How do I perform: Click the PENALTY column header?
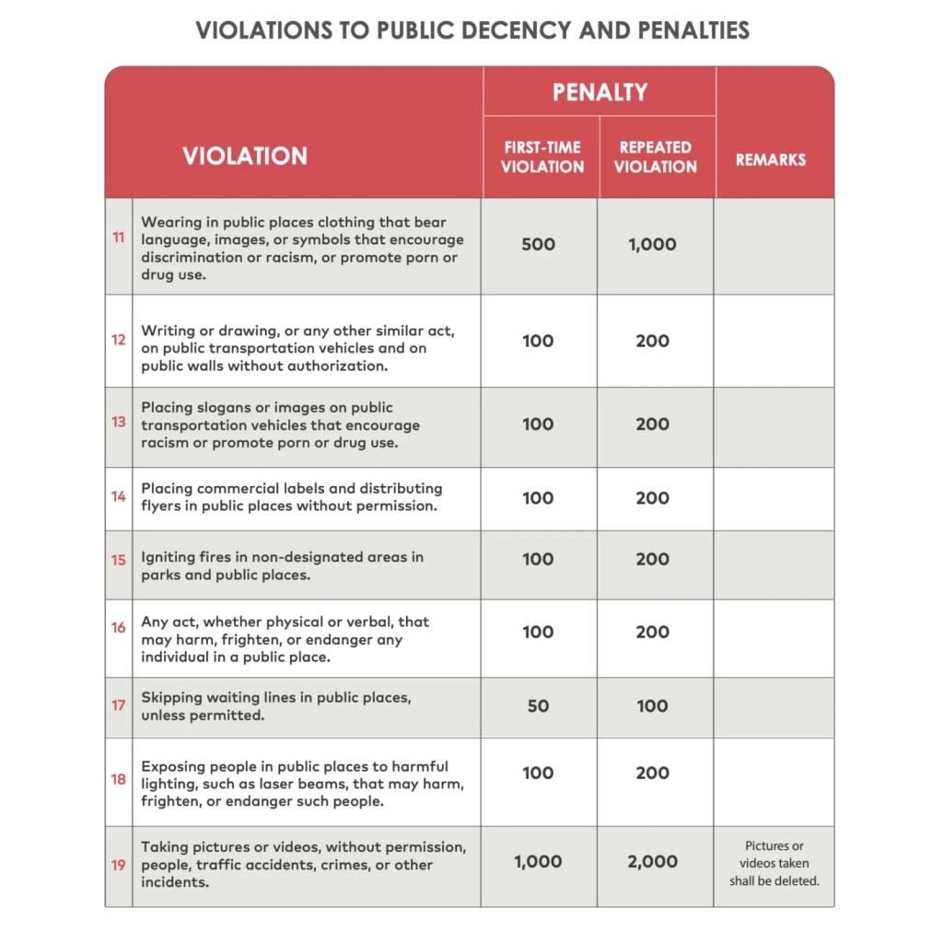(600, 92)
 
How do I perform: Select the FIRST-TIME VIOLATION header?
(542, 157)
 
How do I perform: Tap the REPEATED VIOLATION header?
(656, 157)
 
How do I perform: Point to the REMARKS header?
(771, 160)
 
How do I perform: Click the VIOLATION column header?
(245, 156)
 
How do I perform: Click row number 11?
(119, 238)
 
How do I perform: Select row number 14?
(119, 496)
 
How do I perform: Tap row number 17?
(119, 705)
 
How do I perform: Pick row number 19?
(119, 865)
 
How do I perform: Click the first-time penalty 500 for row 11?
(538, 245)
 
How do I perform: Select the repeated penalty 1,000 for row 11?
(652, 245)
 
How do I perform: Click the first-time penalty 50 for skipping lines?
(538, 706)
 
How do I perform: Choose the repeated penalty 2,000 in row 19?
(652, 862)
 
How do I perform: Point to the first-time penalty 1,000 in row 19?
(538, 862)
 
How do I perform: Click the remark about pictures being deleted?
(774, 864)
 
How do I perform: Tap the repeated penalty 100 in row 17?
(652, 706)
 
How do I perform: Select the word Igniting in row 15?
(168, 557)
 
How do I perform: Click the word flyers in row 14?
(163, 506)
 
